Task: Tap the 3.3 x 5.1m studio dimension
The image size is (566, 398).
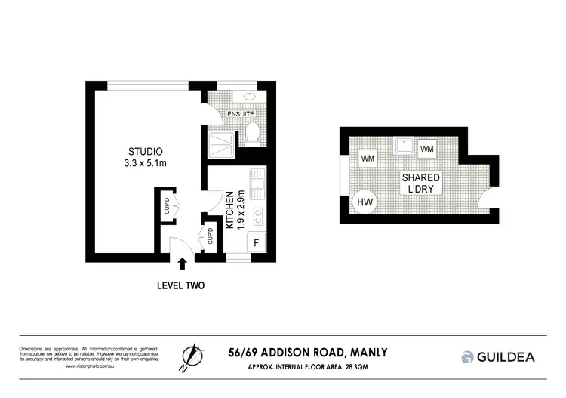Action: (143, 162)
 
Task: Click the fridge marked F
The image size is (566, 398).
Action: (257, 243)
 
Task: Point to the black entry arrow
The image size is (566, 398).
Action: (181, 264)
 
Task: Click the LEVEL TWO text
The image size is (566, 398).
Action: (180, 285)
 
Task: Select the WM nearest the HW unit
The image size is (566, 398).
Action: (368, 159)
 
